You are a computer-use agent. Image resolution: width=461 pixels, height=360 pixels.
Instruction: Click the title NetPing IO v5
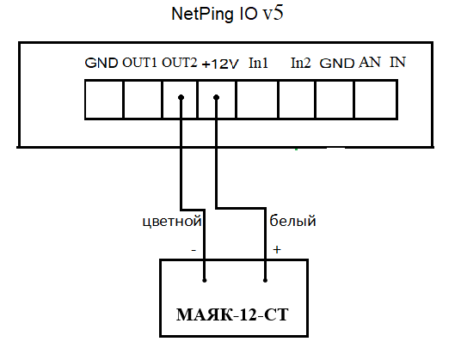click(227, 14)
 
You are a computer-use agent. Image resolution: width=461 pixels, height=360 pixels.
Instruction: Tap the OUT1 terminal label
click(139, 63)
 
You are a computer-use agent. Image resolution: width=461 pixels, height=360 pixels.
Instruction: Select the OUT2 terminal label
click(179, 63)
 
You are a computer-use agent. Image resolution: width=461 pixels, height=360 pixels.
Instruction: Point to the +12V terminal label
click(220, 64)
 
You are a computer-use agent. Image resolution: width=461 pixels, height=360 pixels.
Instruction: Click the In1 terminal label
click(258, 63)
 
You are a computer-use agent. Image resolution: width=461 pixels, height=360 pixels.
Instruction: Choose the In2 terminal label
click(300, 63)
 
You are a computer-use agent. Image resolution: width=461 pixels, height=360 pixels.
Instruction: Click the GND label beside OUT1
click(101, 63)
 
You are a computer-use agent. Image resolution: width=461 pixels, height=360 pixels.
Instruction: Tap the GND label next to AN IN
click(336, 64)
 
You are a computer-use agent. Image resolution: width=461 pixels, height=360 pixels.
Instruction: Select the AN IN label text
click(382, 62)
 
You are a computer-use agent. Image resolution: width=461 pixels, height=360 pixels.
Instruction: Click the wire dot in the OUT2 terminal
click(181, 97)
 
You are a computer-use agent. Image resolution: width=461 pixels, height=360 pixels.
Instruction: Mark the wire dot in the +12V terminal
click(217, 97)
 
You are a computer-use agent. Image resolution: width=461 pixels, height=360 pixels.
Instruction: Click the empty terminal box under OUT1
click(142, 100)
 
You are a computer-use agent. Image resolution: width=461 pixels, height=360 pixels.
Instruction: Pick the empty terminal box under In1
click(257, 100)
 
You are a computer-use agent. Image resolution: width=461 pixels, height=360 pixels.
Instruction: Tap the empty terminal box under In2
click(297, 100)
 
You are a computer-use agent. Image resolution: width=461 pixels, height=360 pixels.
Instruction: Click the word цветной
click(172, 222)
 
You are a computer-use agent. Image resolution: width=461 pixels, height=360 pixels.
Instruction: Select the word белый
click(292, 221)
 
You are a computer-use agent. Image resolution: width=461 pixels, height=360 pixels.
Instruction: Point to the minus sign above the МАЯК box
click(194, 250)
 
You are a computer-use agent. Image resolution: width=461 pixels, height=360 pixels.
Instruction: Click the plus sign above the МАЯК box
click(277, 249)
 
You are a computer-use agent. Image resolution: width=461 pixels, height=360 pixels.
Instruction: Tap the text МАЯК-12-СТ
click(232, 314)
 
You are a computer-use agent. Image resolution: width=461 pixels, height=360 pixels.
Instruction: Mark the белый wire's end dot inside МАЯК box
click(265, 280)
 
